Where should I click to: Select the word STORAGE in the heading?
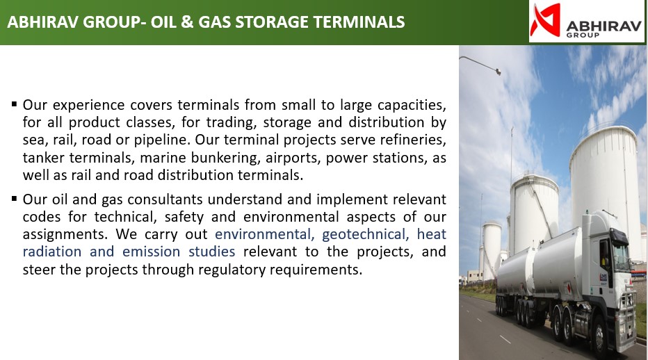click(272, 22)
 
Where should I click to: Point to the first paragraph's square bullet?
click(15, 104)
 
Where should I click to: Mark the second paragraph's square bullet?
click(15, 199)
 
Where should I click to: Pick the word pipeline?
click(162, 140)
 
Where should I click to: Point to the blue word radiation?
click(52, 252)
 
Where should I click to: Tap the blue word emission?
click(152, 252)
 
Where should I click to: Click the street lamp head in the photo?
click(498, 72)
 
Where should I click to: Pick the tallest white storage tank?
click(606, 190)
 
